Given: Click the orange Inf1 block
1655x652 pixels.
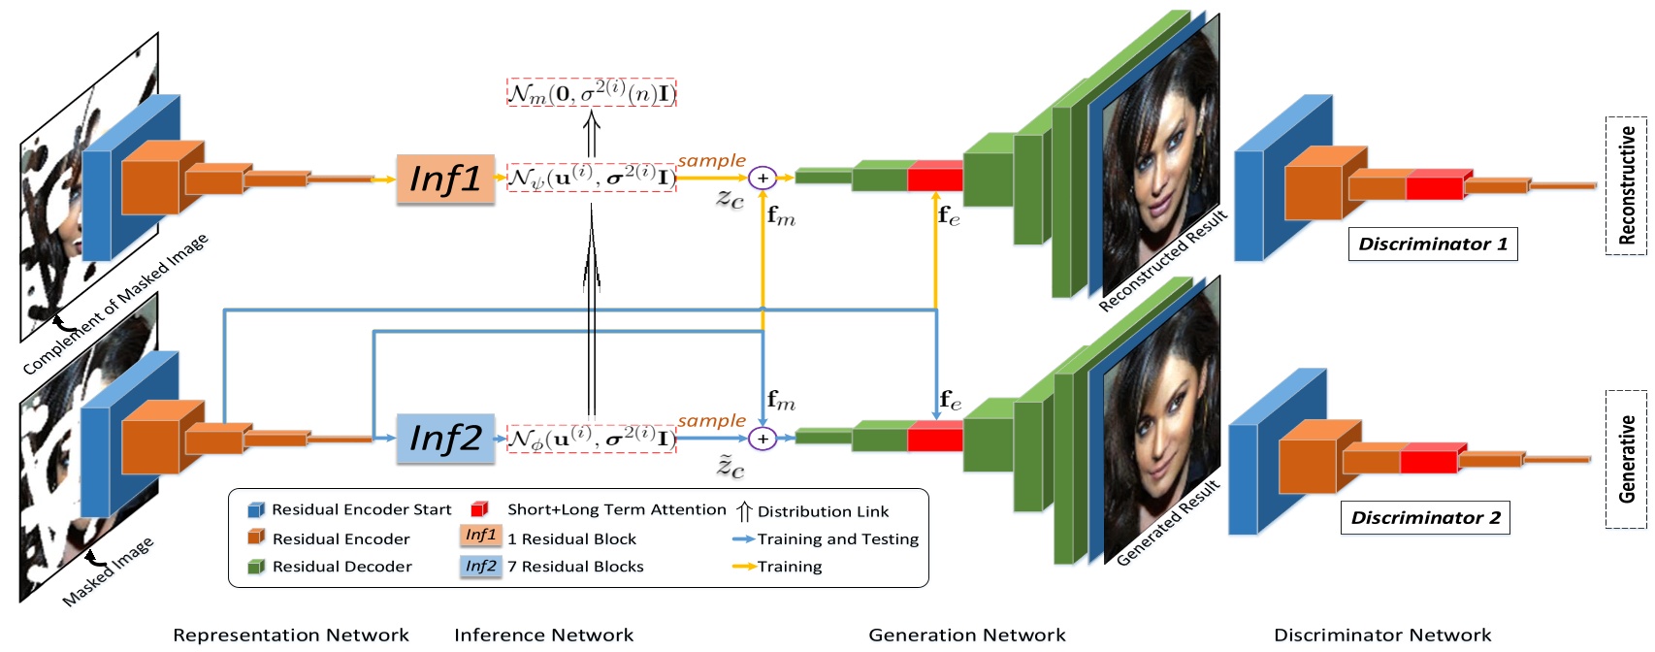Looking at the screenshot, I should click(x=445, y=179).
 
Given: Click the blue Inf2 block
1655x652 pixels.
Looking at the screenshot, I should click(x=445, y=439).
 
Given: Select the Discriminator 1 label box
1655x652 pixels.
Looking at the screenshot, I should click(x=1432, y=244).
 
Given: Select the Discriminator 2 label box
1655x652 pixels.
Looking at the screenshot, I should click(x=1424, y=518).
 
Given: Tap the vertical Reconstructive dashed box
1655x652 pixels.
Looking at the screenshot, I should click(x=1626, y=185).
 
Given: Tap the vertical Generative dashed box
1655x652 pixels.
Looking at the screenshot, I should click(x=1626, y=459).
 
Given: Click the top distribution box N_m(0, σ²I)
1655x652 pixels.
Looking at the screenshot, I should click(x=591, y=93).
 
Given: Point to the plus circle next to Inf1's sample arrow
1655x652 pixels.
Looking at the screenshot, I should click(x=763, y=178).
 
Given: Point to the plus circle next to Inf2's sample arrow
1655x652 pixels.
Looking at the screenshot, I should click(x=763, y=439).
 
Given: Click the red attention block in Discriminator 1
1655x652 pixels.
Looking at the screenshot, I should click(x=1435, y=184).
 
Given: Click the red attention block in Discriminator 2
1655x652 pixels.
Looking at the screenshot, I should click(x=1429, y=458).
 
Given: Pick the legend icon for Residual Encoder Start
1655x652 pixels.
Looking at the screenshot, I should click(x=256, y=510).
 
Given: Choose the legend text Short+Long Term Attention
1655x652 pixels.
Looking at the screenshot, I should click(x=616, y=510).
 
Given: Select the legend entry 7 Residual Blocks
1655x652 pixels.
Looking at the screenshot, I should click(x=575, y=567).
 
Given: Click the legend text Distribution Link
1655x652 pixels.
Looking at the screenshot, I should click(x=823, y=512).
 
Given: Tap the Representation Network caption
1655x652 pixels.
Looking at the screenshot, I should click(x=291, y=636).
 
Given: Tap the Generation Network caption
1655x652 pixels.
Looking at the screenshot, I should click(x=966, y=636).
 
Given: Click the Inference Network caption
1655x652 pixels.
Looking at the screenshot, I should click(x=543, y=636).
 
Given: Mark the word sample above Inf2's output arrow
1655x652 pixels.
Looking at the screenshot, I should click(x=711, y=421).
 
